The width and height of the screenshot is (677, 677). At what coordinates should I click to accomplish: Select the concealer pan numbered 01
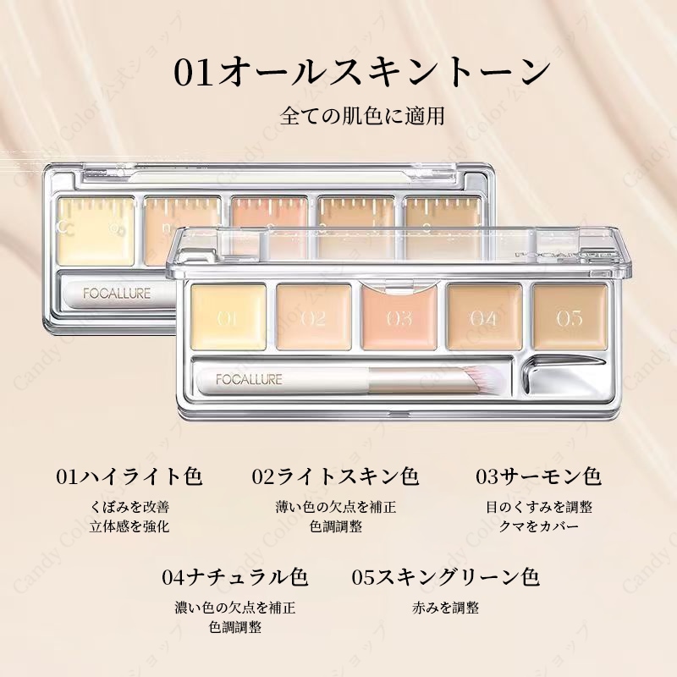click(225, 317)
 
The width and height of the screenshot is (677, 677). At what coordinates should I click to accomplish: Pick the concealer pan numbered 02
click(311, 317)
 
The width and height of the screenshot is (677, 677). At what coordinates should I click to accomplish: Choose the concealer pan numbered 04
click(483, 317)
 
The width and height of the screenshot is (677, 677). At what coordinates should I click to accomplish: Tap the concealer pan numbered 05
click(570, 317)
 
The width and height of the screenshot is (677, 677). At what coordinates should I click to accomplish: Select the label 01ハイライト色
click(129, 476)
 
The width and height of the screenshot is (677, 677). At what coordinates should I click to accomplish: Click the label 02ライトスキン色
click(336, 476)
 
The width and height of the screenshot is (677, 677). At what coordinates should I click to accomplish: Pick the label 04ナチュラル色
click(235, 577)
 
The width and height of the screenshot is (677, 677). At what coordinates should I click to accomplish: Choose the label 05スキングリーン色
click(446, 577)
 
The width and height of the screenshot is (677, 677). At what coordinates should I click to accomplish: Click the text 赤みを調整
click(446, 608)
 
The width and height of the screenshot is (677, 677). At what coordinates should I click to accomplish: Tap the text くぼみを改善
click(129, 507)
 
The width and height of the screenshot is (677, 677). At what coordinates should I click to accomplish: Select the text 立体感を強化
click(129, 526)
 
